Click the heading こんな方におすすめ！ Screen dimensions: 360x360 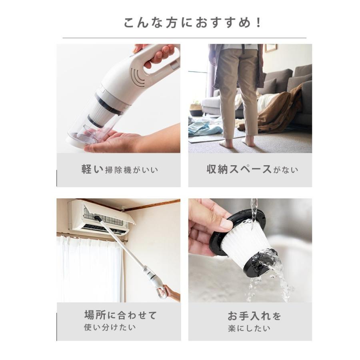(x=192, y=22)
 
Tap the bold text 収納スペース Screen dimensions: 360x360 (x=239, y=169)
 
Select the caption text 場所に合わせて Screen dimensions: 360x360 (x=120, y=315)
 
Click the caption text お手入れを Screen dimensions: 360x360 (x=254, y=316)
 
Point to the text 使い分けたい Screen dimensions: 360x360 (x=110, y=327)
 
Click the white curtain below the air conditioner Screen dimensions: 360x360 (x=88, y=268)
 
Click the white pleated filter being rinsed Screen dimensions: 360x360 (x=244, y=240)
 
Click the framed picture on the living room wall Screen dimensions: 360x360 (x=271, y=48)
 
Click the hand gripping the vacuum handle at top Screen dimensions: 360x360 (x=158, y=54)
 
